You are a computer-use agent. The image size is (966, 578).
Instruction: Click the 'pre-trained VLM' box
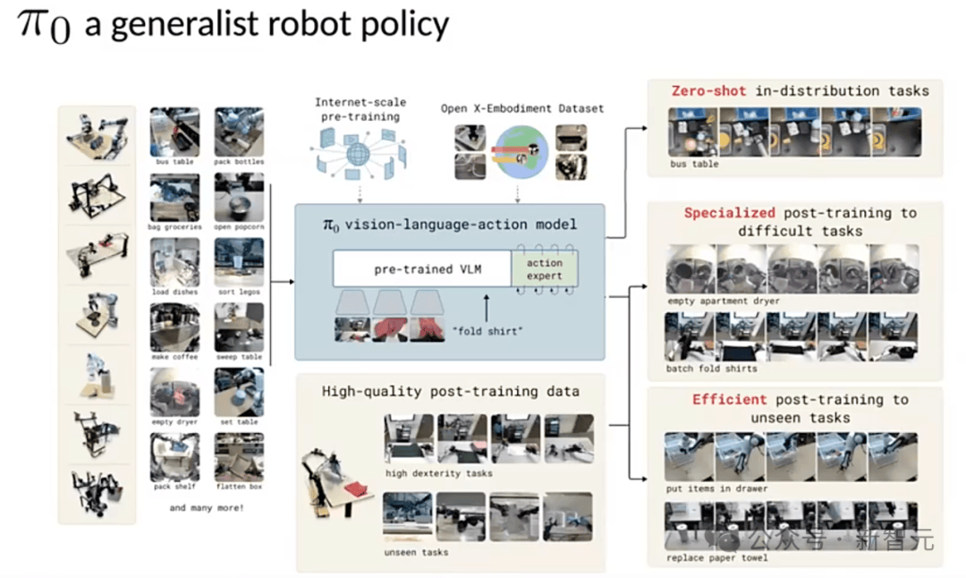420,268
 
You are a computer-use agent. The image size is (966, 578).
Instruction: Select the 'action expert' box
545,269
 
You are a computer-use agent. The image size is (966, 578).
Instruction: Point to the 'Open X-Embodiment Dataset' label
522,108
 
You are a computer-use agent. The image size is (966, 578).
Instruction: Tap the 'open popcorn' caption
239,227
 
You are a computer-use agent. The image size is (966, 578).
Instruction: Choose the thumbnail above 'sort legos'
239,261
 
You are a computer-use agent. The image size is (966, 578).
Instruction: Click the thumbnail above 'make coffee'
174,327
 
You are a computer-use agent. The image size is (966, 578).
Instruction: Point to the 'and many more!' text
206,509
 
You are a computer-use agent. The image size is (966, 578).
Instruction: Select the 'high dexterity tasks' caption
438,473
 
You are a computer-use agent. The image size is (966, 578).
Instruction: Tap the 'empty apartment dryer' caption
722,301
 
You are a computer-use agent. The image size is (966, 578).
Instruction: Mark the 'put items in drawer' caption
717,489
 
